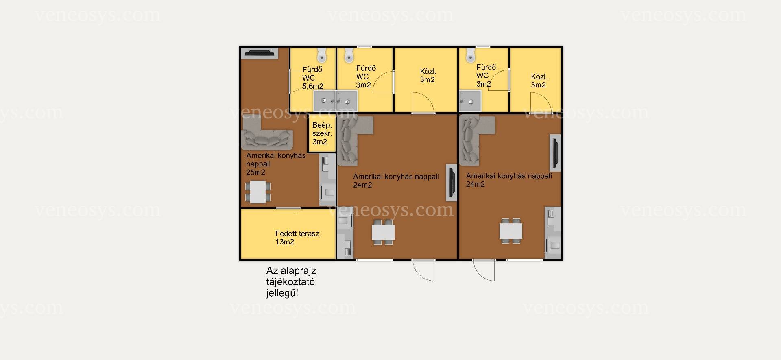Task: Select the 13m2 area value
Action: click(285, 242)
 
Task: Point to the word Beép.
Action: click(322, 126)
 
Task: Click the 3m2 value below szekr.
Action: click(320, 142)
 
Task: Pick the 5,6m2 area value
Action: click(313, 86)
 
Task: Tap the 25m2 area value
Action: click(255, 172)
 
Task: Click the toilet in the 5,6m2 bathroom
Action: click(322, 55)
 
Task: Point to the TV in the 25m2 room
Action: click(260, 52)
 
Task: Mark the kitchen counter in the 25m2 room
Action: click(327, 180)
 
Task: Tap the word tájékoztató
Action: click(290, 282)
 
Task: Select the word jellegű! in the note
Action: click(282, 293)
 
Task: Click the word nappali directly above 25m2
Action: click(258, 164)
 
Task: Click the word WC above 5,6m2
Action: click(309, 78)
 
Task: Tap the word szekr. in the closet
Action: click(322, 133)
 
